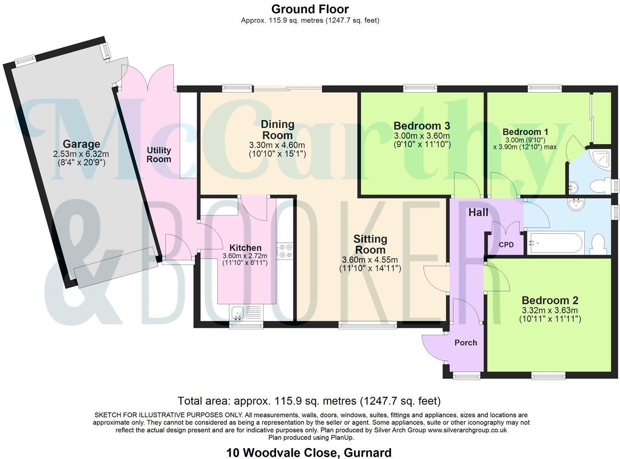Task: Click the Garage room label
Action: [81, 144]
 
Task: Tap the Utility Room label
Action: [159, 155]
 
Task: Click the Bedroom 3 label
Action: [421, 126]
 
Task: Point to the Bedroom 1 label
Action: [525, 132]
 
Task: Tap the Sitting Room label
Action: [370, 244]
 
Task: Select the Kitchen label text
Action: [245, 248]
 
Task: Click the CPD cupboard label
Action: [506, 245]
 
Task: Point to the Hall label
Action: [478, 212]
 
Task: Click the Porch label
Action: [465, 343]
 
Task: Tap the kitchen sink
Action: [238, 313]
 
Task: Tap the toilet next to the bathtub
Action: [598, 243]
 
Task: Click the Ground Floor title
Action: [310, 9]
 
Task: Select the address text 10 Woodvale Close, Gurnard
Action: [309, 453]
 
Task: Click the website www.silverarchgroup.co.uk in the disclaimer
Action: [467, 430]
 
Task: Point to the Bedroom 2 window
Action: [547, 376]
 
